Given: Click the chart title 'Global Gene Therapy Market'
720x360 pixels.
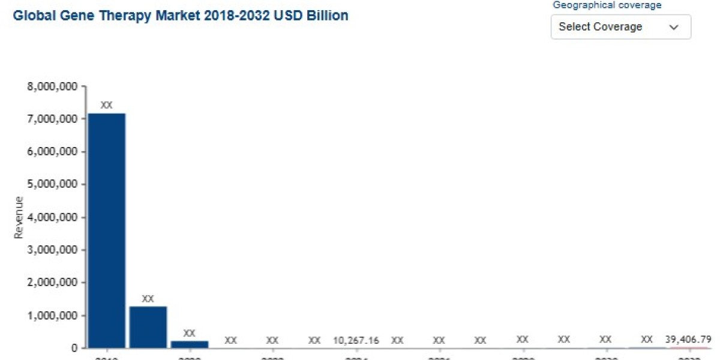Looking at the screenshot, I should tap(180, 16).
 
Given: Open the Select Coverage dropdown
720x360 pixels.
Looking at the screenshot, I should tap(620, 27).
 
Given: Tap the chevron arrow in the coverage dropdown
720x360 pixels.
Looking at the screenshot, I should tap(673, 27).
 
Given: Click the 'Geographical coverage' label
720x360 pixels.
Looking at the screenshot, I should tap(607, 5).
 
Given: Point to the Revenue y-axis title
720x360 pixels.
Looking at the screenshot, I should tap(19, 217).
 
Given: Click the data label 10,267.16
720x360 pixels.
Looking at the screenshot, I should tap(356, 340).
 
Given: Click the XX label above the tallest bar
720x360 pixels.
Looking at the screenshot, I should tap(106, 105).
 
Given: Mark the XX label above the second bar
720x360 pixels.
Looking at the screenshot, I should tap(148, 298).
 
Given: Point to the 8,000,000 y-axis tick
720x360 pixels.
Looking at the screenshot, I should tap(52, 86).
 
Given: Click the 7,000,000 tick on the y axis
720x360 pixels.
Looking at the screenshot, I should tap(52, 119).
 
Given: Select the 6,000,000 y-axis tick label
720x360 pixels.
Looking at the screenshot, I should tap(52, 152).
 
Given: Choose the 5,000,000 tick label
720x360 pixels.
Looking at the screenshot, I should tap(52, 184).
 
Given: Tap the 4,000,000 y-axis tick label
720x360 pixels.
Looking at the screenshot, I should tap(52, 217).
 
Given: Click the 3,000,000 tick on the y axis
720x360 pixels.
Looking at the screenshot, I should tap(52, 250).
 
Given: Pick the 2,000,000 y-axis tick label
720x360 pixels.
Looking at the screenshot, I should tap(52, 283).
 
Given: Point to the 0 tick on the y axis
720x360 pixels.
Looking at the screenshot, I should tap(74, 348).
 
